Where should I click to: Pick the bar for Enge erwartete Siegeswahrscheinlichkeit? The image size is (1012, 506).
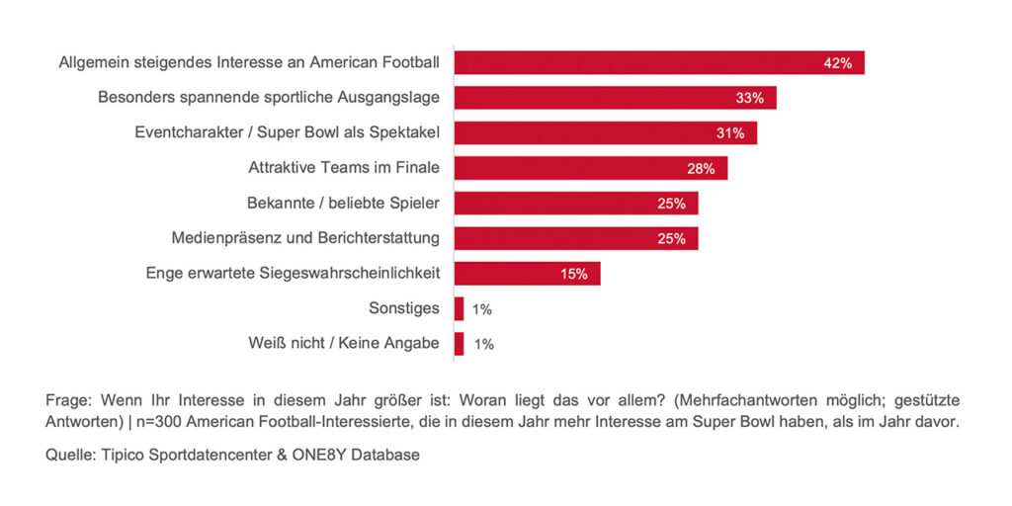(526, 274)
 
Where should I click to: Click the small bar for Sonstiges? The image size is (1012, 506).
(459, 308)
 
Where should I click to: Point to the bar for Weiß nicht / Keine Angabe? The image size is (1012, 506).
(459, 344)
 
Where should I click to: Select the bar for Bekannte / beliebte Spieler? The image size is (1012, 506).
(575, 204)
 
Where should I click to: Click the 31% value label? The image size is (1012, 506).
(730, 133)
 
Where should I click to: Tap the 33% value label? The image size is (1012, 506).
(750, 98)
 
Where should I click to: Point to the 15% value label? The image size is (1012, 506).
(574, 274)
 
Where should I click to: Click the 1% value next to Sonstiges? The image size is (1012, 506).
(482, 309)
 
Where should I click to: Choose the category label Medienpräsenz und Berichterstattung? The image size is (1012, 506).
(305, 238)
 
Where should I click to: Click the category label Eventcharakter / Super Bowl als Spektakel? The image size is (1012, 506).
(287, 133)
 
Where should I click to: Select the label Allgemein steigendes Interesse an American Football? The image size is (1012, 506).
(249, 63)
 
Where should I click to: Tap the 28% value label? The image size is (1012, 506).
(701, 168)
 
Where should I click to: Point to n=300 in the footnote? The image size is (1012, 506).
(164, 423)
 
